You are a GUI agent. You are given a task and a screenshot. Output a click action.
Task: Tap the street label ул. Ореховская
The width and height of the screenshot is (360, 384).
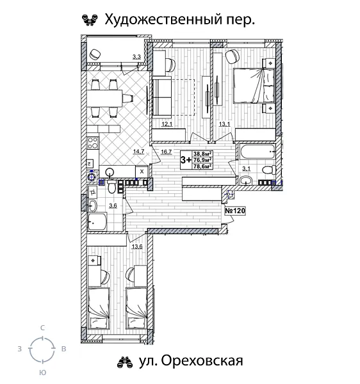click(x=188, y=362)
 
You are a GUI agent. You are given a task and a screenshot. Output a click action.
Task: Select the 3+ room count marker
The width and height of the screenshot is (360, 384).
click(x=186, y=159)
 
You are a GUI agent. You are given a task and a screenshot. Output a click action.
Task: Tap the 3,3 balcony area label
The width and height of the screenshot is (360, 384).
click(x=136, y=58)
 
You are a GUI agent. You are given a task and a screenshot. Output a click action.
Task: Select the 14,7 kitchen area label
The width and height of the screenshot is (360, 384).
click(x=138, y=152)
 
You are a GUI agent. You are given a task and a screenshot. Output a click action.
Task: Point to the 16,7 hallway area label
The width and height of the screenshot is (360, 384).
click(x=167, y=152)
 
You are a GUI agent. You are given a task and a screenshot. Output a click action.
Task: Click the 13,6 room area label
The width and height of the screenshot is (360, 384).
click(x=136, y=245)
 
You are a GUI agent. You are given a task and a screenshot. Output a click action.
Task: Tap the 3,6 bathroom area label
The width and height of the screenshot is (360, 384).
click(x=113, y=205)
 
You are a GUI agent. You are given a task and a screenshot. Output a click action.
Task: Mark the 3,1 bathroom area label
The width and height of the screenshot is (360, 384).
click(x=247, y=169)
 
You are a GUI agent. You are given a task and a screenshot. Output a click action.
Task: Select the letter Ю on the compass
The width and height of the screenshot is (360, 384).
click(x=42, y=371)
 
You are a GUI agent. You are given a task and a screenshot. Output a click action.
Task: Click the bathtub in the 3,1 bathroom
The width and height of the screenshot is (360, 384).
click(x=257, y=153)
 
